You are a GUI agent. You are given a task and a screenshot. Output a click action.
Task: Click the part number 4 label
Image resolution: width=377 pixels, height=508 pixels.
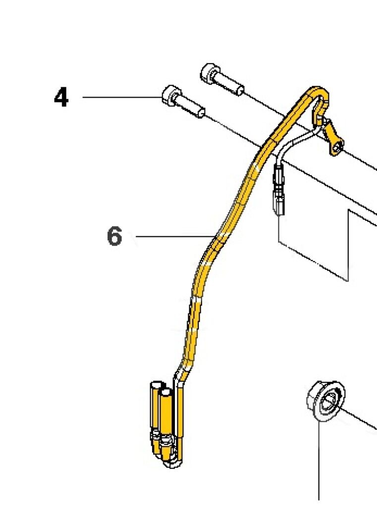[61, 97]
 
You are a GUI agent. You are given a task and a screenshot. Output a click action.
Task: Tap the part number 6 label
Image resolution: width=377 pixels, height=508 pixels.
[114, 236]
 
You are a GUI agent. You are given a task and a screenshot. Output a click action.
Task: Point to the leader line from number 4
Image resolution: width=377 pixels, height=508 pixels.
[122, 97]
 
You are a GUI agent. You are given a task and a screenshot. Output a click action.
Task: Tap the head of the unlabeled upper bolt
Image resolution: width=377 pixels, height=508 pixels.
[210, 72]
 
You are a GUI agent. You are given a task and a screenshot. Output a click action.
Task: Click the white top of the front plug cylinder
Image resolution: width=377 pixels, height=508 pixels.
[166, 393]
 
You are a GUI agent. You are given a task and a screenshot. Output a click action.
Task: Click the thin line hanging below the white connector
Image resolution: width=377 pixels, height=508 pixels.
[279, 228]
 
